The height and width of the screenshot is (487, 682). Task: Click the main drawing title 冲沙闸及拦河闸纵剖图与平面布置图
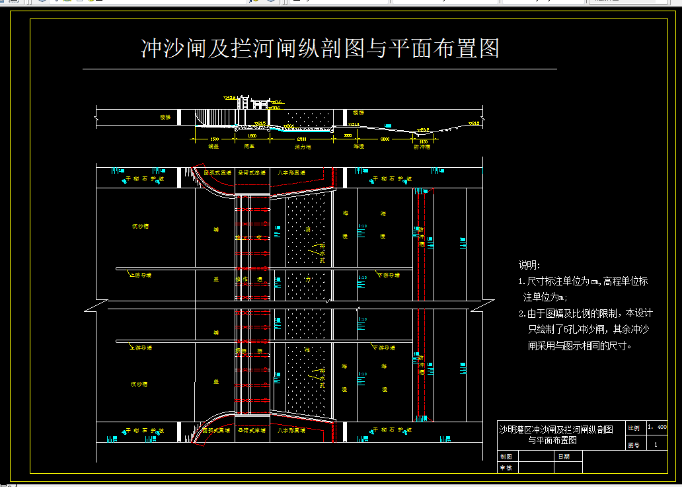click(x=320, y=48)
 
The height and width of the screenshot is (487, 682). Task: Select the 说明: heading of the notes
click(x=529, y=265)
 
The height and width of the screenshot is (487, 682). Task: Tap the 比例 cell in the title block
click(x=633, y=428)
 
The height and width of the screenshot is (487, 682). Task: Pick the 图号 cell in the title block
click(x=633, y=445)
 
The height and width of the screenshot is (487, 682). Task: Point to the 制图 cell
click(x=506, y=456)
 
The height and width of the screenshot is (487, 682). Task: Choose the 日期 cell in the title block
click(x=563, y=456)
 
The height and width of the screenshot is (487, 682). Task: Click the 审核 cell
click(x=506, y=467)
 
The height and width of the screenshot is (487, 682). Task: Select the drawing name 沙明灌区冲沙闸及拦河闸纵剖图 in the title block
click(x=556, y=430)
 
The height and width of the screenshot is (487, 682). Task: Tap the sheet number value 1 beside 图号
click(x=656, y=445)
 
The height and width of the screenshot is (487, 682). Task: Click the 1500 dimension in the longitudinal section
click(x=213, y=139)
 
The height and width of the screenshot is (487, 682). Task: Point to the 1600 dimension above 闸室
click(x=251, y=139)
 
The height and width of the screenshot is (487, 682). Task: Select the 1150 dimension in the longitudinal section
click(x=423, y=140)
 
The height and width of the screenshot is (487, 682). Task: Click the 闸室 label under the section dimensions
click(x=249, y=147)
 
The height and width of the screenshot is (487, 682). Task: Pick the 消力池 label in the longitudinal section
click(x=303, y=147)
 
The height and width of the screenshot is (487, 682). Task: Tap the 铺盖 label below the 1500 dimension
click(x=213, y=147)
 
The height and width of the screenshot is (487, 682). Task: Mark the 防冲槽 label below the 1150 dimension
click(x=422, y=147)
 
